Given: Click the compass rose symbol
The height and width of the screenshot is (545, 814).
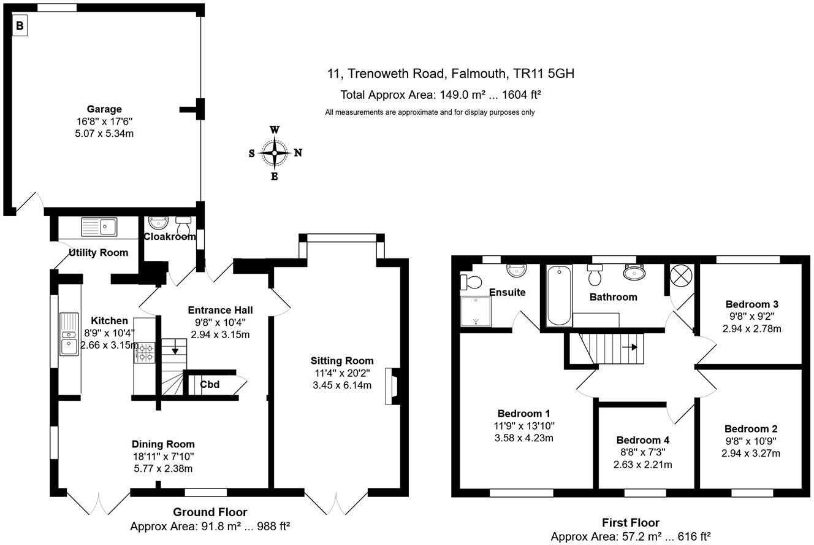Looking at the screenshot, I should click(x=275, y=153).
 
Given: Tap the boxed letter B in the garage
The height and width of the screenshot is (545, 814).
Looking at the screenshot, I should click(x=20, y=26).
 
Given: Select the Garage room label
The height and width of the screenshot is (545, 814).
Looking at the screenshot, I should click(x=104, y=109).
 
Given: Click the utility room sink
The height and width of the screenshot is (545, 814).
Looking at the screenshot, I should click(x=99, y=227).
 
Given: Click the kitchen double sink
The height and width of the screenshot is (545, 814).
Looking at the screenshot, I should click(x=69, y=333).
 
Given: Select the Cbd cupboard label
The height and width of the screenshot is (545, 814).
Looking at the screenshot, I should click(x=210, y=385).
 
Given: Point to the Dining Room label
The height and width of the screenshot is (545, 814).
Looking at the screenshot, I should click(x=163, y=444).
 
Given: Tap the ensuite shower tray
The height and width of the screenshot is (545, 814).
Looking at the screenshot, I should click(x=476, y=311).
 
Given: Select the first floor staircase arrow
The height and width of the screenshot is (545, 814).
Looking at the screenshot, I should click(x=630, y=347).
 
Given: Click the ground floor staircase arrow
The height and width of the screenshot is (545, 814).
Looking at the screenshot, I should click(x=175, y=350).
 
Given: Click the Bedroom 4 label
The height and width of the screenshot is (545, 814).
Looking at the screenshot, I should click(x=642, y=440).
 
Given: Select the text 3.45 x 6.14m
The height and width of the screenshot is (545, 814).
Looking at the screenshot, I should click(x=341, y=385).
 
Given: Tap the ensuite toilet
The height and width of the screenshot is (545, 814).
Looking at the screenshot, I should click(x=472, y=282).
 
